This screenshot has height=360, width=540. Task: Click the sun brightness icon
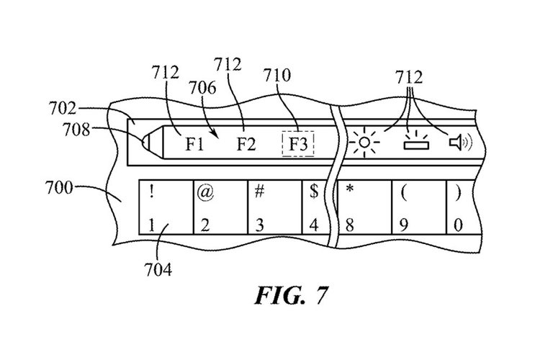tap(365, 143)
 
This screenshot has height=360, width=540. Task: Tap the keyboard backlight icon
tap(415, 144)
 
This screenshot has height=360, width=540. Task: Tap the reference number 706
tap(202, 86)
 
